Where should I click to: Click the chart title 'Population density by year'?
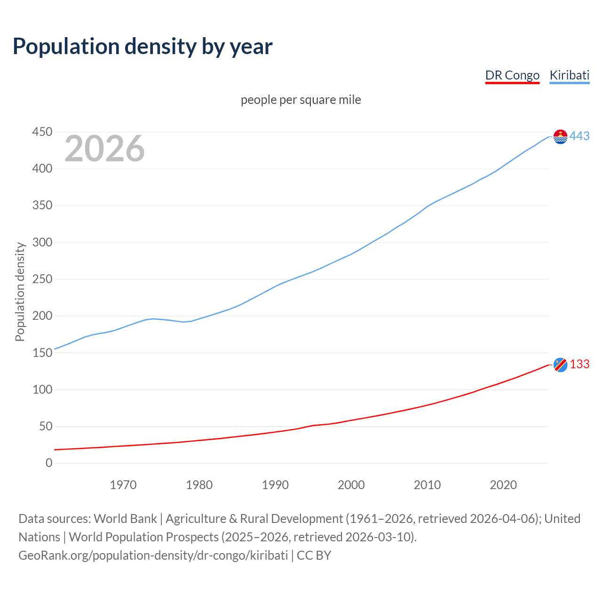tap(143, 47)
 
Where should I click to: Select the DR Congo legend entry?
tap(512, 75)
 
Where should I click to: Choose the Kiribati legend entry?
tap(569, 75)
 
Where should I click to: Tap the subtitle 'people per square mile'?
tap(301, 100)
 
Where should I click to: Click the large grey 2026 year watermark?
tap(104, 149)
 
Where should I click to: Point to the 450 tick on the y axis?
tap(42, 132)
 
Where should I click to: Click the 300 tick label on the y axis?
tap(42, 243)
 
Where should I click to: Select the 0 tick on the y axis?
tap(49, 463)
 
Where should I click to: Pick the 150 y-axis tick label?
tap(42, 353)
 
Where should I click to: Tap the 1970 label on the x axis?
tap(123, 485)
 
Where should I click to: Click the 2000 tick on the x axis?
tap(351, 485)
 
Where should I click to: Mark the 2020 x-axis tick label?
tap(503, 485)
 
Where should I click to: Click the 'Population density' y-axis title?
tap(20, 292)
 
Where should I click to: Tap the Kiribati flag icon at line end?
tap(560, 136)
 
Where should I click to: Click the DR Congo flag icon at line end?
tap(560, 364)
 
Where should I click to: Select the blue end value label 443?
tap(579, 136)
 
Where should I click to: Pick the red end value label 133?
tap(579, 364)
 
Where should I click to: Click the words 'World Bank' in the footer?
tap(125, 519)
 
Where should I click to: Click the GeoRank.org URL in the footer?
tap(153, 555)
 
